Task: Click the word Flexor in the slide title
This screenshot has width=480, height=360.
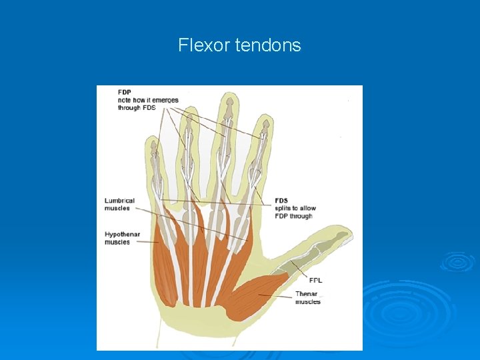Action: pyautogui.click(x=200, y=45)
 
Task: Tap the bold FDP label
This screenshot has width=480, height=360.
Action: pyautogui.click(x=125, y=92)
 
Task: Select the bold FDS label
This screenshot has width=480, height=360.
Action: pyautogui.click(x=282, y=201)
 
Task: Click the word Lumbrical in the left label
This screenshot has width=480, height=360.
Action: pyautogui.click(x=119, y=201)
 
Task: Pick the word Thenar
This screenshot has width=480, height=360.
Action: pyautogui.click(x=307, y=294)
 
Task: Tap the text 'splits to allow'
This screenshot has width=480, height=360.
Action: pyautogui.click(x=295, y=209)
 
